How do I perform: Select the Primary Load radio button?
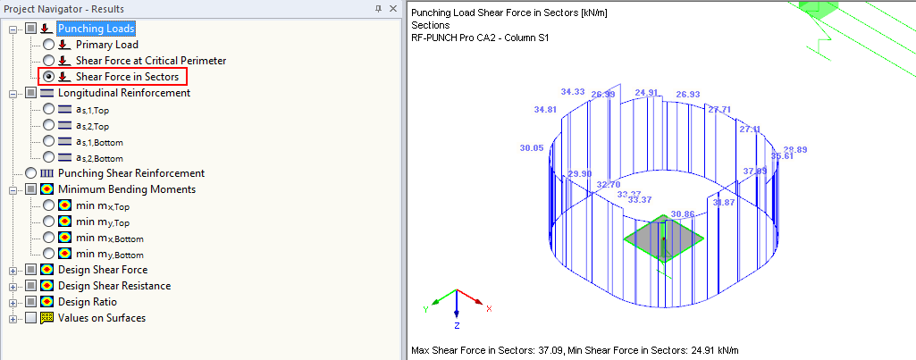(x=48, y=45)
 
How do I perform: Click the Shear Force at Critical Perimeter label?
(x=150, y=61)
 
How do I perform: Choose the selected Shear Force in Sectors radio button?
(x=48, y=77)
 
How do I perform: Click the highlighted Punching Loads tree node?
(x=96, y=29)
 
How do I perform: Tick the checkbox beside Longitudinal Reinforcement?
(x=31, y=93)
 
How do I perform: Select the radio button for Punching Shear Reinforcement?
(x=31, y=173)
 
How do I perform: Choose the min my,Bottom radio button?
(x=48, y=254)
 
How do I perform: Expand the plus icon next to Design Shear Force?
(x=13, y=270)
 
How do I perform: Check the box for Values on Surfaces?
(x=31, y=318)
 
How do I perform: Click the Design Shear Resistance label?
(x=113, y=286)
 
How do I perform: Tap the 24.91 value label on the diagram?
(x=646, y=93)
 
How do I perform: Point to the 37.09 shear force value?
(x=754, y=171)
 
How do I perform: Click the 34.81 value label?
(x=545, y=110)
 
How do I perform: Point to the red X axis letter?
(x=489, y=309)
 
